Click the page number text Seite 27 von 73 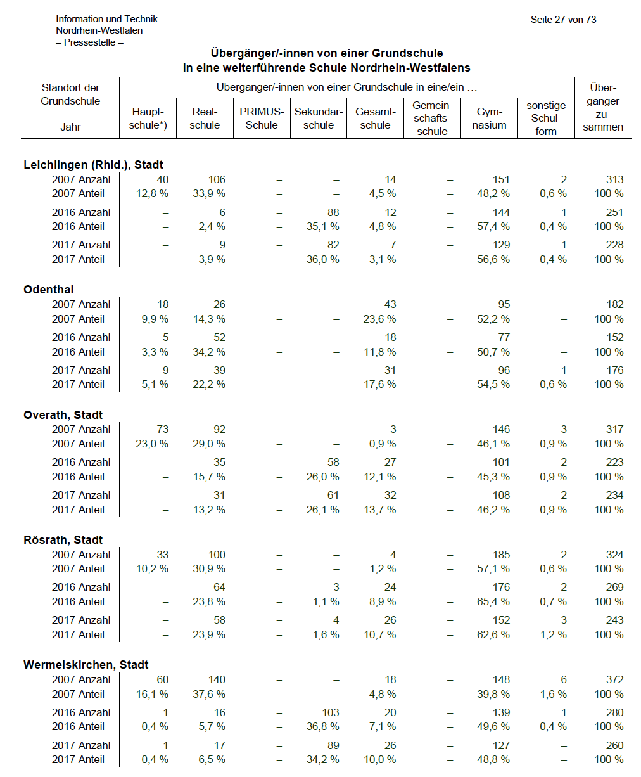coord(563,20)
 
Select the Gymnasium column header coord(489,119)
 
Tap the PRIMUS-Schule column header coord(262,119)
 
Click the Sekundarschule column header coord(319,119)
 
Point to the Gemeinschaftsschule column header coord(432,119)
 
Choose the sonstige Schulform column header coord(546,119)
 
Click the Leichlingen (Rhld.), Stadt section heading coord(93,165)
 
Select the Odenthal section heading coord(48,290)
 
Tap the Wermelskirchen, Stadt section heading coord(86,664)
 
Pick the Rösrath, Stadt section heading coord(63,539)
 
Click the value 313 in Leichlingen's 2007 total coord(614,180)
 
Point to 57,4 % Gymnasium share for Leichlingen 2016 coord(493,226)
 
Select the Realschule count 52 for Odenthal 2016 coord(219,337)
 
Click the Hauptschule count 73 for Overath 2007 coord(162,429)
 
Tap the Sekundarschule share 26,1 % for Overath coord(322,510)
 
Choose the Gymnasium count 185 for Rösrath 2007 coord(501,555)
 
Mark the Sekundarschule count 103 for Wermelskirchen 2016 coord(331,712)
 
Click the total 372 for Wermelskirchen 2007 coord(614,679)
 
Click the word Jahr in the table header coord(70,127)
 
